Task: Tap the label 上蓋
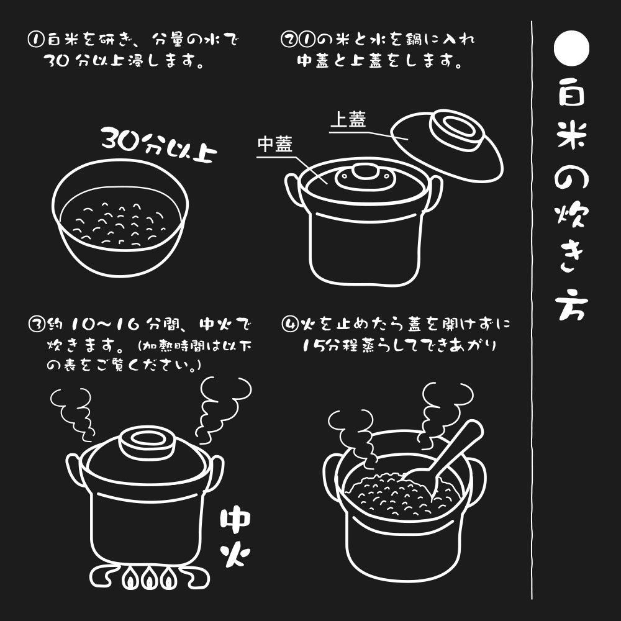click(347, 120)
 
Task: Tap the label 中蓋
click(274, 145)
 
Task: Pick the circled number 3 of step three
click(37, 324)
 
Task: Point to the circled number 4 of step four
click(289, 324)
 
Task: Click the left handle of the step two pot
click(292, 189)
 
